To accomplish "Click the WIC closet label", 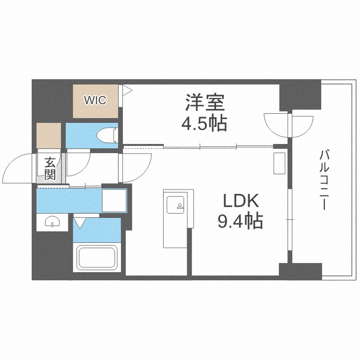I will pos(96,100).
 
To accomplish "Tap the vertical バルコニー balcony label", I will pos(323,180).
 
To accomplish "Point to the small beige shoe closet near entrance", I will pos(49,135).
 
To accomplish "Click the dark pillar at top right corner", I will pos(300,95).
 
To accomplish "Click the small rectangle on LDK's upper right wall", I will pos(279,163).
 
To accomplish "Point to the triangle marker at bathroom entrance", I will pos(80,222).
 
